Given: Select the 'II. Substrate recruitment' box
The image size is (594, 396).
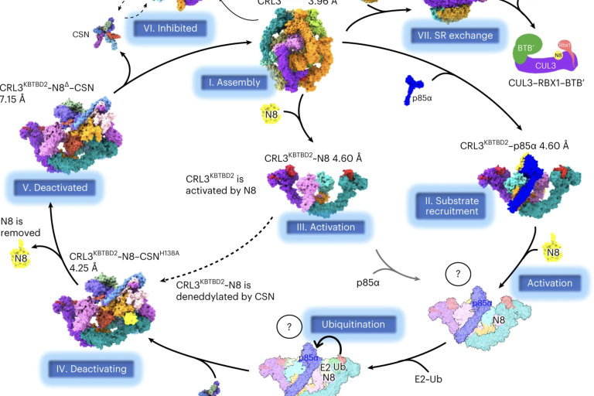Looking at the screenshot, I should [452, 204].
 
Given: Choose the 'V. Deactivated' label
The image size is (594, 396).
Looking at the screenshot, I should [55, 186].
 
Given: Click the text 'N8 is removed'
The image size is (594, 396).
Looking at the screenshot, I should [18, 225].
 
